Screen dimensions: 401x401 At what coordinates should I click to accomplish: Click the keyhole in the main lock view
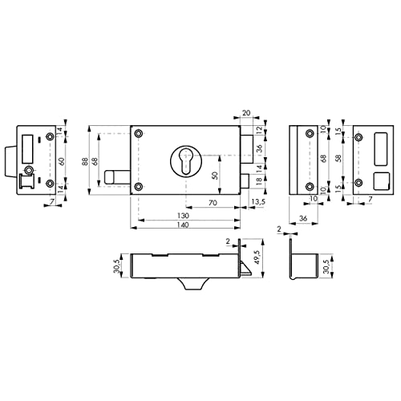point(186,162)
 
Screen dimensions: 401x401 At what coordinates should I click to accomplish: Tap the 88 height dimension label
point(85,161)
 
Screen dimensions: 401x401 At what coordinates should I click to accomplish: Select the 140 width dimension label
point(183,225)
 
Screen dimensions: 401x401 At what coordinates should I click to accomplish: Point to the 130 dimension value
point(183,216)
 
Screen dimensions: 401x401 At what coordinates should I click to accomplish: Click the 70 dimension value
point(213,203)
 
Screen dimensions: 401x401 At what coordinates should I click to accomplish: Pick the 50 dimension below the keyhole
point(215,175)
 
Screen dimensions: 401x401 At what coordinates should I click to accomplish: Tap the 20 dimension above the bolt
point(246,113)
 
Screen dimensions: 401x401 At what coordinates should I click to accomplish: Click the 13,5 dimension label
point(258,202)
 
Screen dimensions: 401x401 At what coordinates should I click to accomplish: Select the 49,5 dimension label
point(257,257)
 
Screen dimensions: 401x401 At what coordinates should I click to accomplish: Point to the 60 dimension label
point(61,161)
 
